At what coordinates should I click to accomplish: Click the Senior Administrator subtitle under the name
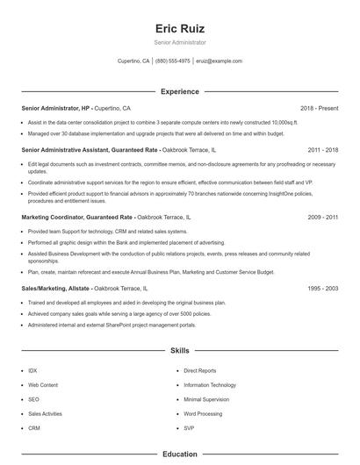pyautogui.click(x=179, y=42)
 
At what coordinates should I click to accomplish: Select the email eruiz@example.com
pyautogui.click(x=219, y=61)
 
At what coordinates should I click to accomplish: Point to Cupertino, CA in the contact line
pyautogui.click(x=133, y=61)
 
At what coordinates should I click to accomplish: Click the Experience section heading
pyautogui.click(x=179, y=91)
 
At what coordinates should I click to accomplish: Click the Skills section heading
pyautogui.click(x=179, y=350)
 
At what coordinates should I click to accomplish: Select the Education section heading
pyautogui.click(x=179, y=454)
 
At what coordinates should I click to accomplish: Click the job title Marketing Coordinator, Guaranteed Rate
pyautogui.click(x=77, y=217)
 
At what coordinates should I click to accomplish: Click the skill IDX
pyautogui.click(x=32, y=371)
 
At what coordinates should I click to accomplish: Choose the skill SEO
pyautogui.click(x=33, y=399)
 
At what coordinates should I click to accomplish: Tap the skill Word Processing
pyautogui.click(x=203, y=413)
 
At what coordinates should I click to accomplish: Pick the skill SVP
pyautogui.click(x=190, y=427)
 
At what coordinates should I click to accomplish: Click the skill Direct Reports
pyautogui.click(x=200, y=371)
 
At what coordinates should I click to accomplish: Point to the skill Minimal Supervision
pyautogui.click(x=206, y=399)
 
